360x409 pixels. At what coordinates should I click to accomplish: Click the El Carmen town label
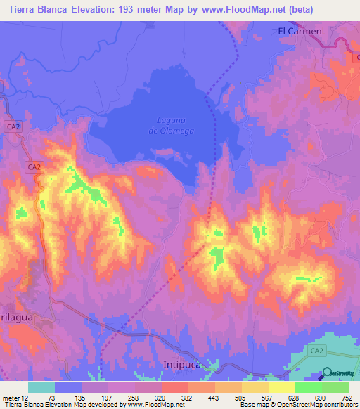(300, 32)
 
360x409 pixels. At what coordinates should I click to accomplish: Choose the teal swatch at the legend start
(41, 387)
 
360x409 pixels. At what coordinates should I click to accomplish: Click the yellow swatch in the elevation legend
(282, 387)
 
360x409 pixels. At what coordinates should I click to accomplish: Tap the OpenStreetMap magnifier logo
(328, 373)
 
